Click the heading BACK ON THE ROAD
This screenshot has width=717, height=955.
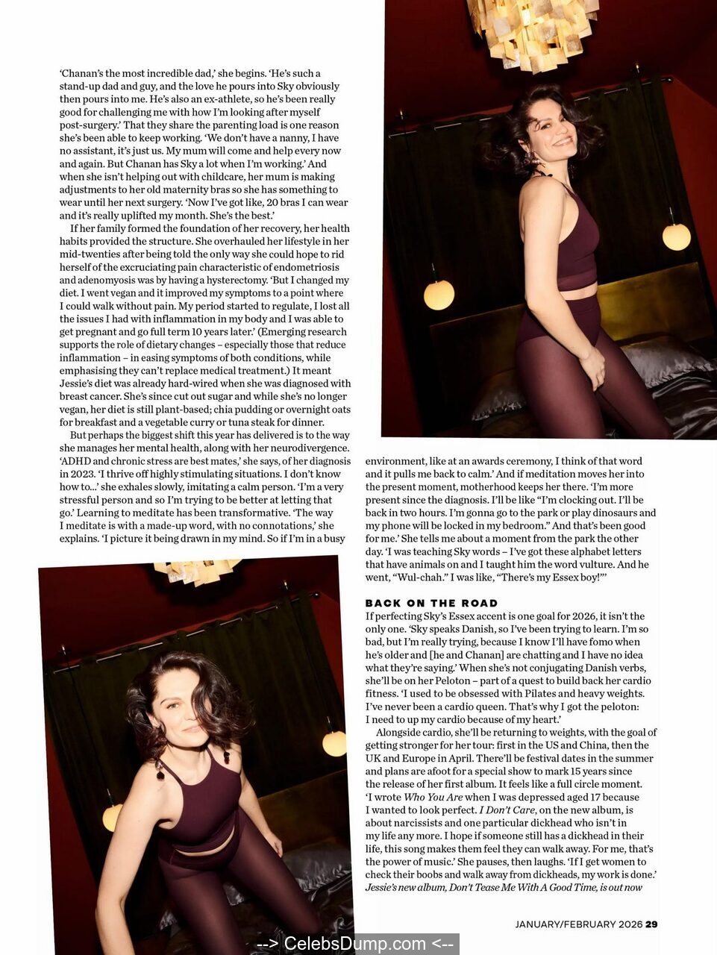point(431,603)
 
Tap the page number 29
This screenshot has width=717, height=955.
point(651,924)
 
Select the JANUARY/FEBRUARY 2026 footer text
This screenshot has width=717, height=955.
point(578,924)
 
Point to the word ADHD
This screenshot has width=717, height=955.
point(75,461)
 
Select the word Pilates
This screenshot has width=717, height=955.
point(530,693)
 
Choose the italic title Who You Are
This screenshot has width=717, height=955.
point(433,797)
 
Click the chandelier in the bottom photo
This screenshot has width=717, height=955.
point(198,572)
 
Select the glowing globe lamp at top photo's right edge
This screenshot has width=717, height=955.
point(677,237)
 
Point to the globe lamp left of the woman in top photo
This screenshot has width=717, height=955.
point(439,295)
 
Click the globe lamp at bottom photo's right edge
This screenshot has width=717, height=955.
point(334,743)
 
